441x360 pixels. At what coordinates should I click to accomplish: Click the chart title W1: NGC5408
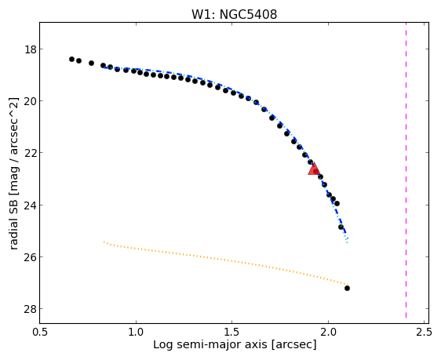pos(234,14)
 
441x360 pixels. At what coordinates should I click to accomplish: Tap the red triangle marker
pos(314,169)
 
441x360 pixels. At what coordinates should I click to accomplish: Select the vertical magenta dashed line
pos(406,170)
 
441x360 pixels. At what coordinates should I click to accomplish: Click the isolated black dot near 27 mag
pos(347,288)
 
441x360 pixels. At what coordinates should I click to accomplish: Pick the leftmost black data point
pos(71,59)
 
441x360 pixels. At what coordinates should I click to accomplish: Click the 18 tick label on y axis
pos(30,49)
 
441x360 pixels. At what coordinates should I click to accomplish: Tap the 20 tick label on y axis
pos(30,101)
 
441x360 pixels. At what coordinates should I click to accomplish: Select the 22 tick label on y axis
pos(30,153)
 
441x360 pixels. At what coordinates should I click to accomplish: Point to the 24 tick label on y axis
pos(30,205)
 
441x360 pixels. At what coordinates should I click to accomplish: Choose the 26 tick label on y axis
pos(30,256)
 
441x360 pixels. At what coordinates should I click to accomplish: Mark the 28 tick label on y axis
pos(30,309)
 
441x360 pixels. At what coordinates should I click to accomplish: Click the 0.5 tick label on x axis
pos(40,333)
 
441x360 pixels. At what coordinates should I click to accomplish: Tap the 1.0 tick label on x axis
pos(136,333)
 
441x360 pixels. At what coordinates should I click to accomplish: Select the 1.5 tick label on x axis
pos(232,333)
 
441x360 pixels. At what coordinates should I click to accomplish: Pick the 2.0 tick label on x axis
pos(328,333)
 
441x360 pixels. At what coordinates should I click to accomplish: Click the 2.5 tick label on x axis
pos(425,333)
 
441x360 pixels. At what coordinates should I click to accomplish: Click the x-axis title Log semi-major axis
pos(235,344)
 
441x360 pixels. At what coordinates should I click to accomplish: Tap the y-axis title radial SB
pos(14,173)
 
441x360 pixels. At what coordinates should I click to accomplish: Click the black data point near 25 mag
pos(341,227)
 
